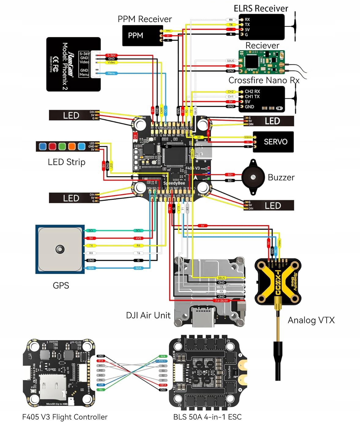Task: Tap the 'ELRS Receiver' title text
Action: pos(261,9)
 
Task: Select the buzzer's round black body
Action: pos(253,177)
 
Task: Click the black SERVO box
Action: pos(273,142)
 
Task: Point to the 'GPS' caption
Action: pos(61,285)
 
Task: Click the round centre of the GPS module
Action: pos(60,249)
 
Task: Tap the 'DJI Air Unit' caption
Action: pos(148,315)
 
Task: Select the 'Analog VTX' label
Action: pos(311,320)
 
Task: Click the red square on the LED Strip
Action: pos(52,146)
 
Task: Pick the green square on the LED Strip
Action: pos(62,146)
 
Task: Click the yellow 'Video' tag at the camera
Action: pos(111,62)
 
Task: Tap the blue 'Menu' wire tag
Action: pos(111,73)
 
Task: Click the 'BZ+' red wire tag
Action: pos(230,175)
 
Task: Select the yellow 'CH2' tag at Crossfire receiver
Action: pos(231,92)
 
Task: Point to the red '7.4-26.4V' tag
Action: pos(221,301)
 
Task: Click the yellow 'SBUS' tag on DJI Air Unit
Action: pos(221,278)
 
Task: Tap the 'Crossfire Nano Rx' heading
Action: pos(264,80)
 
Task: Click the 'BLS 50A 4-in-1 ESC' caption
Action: pos(207,417)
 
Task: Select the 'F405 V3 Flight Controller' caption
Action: pos(65,417)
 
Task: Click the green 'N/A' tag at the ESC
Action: pos(163,356)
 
